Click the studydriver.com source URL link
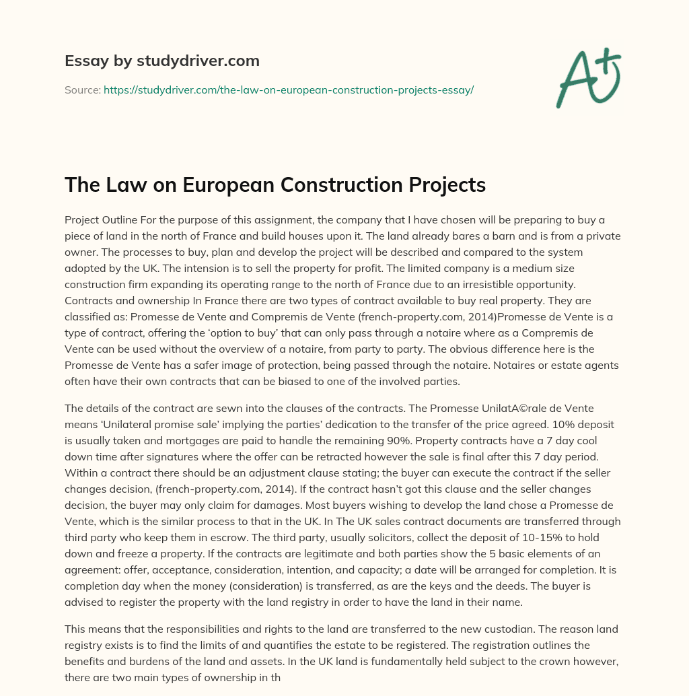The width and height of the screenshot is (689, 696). [x=289, y=90]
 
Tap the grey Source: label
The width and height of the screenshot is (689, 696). [x=82, y=90]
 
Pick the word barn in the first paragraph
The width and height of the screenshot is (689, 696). [x=519, y=236]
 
